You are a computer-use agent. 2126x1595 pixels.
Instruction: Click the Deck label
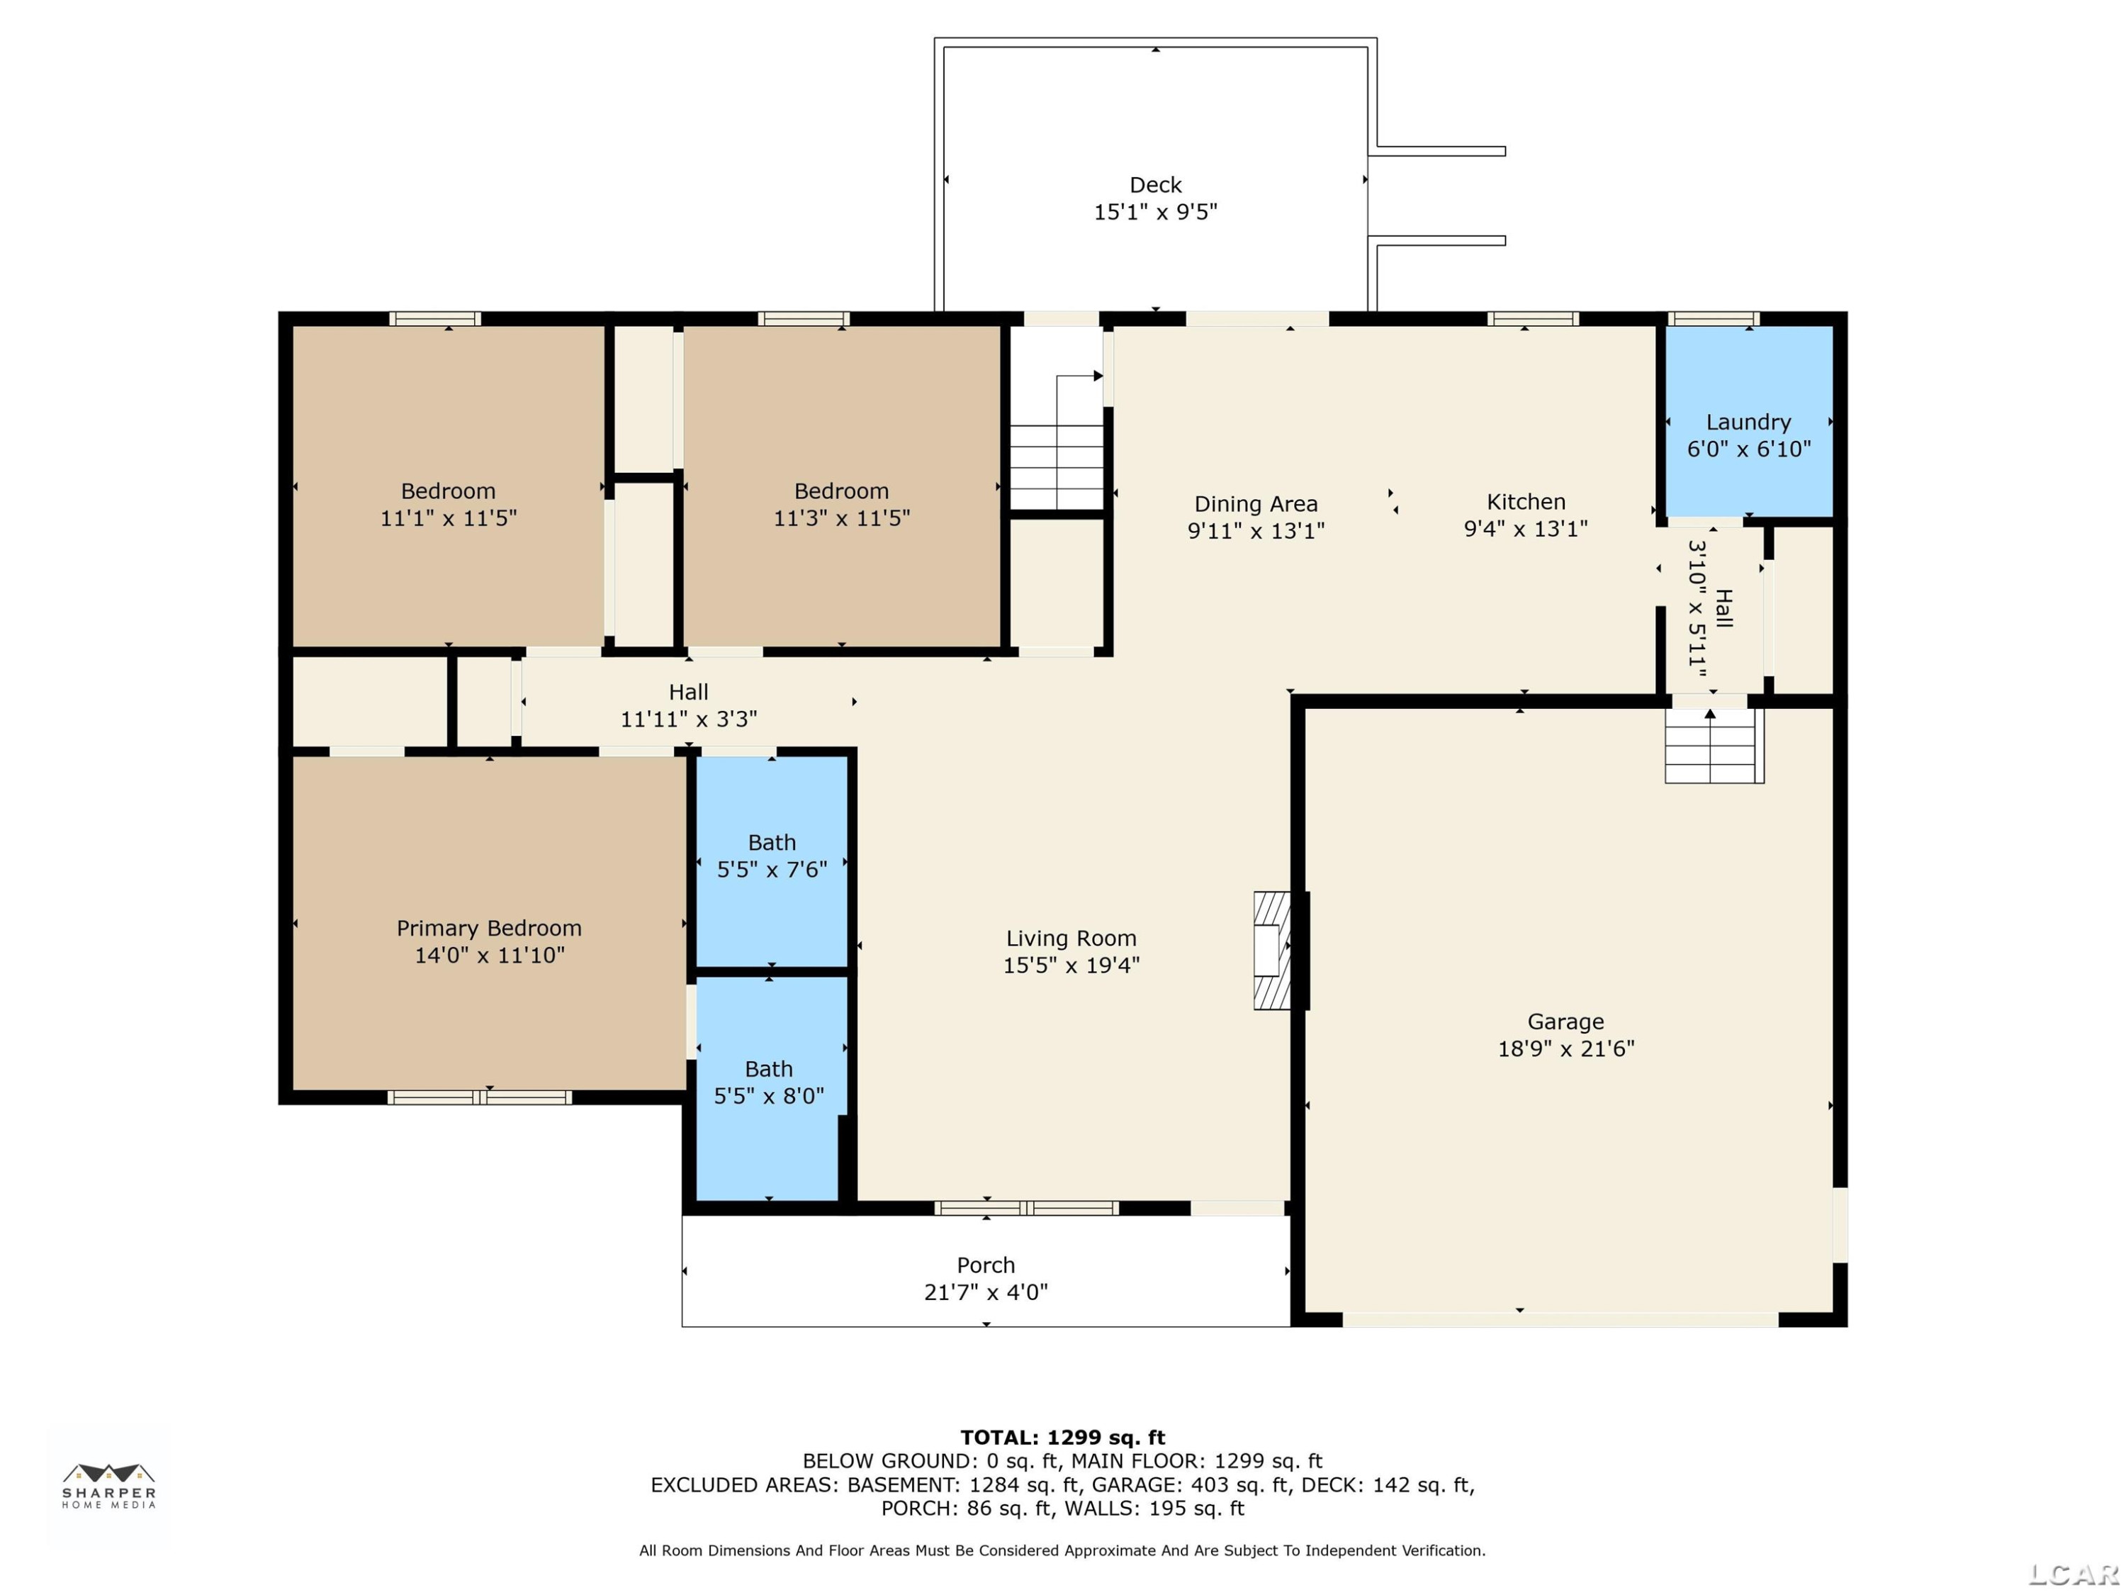click(x=1155, y=184)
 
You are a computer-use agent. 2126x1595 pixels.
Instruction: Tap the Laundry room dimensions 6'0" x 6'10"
click(x=1749, y=449)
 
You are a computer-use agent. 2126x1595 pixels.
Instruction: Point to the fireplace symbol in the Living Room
click(x=1271, y=950)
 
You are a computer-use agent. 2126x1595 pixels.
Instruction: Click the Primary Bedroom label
click(x=489, y=929)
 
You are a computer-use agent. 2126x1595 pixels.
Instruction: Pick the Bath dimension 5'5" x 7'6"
click(x=772, y=870)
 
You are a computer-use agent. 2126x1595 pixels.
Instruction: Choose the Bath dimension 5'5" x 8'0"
click(x=769, y=1097)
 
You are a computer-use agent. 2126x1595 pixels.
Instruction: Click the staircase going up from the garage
click(x=1714, y=745)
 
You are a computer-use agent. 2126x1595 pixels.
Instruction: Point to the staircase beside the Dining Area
click(x=1057, y=442)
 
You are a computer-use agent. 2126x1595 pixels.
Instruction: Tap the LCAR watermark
click(x=2073, y=1574)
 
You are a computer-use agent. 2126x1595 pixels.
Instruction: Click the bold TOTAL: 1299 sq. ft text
click(x=1063, y=1438)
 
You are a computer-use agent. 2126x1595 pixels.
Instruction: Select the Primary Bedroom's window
click(x=480, y=1097)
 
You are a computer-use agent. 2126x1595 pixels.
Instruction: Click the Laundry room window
click(x=1714, y=318)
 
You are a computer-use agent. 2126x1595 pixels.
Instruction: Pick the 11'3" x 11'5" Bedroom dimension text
click(x=842, y=518)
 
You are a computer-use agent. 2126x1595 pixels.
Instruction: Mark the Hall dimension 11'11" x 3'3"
click(x=689, y=719)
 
